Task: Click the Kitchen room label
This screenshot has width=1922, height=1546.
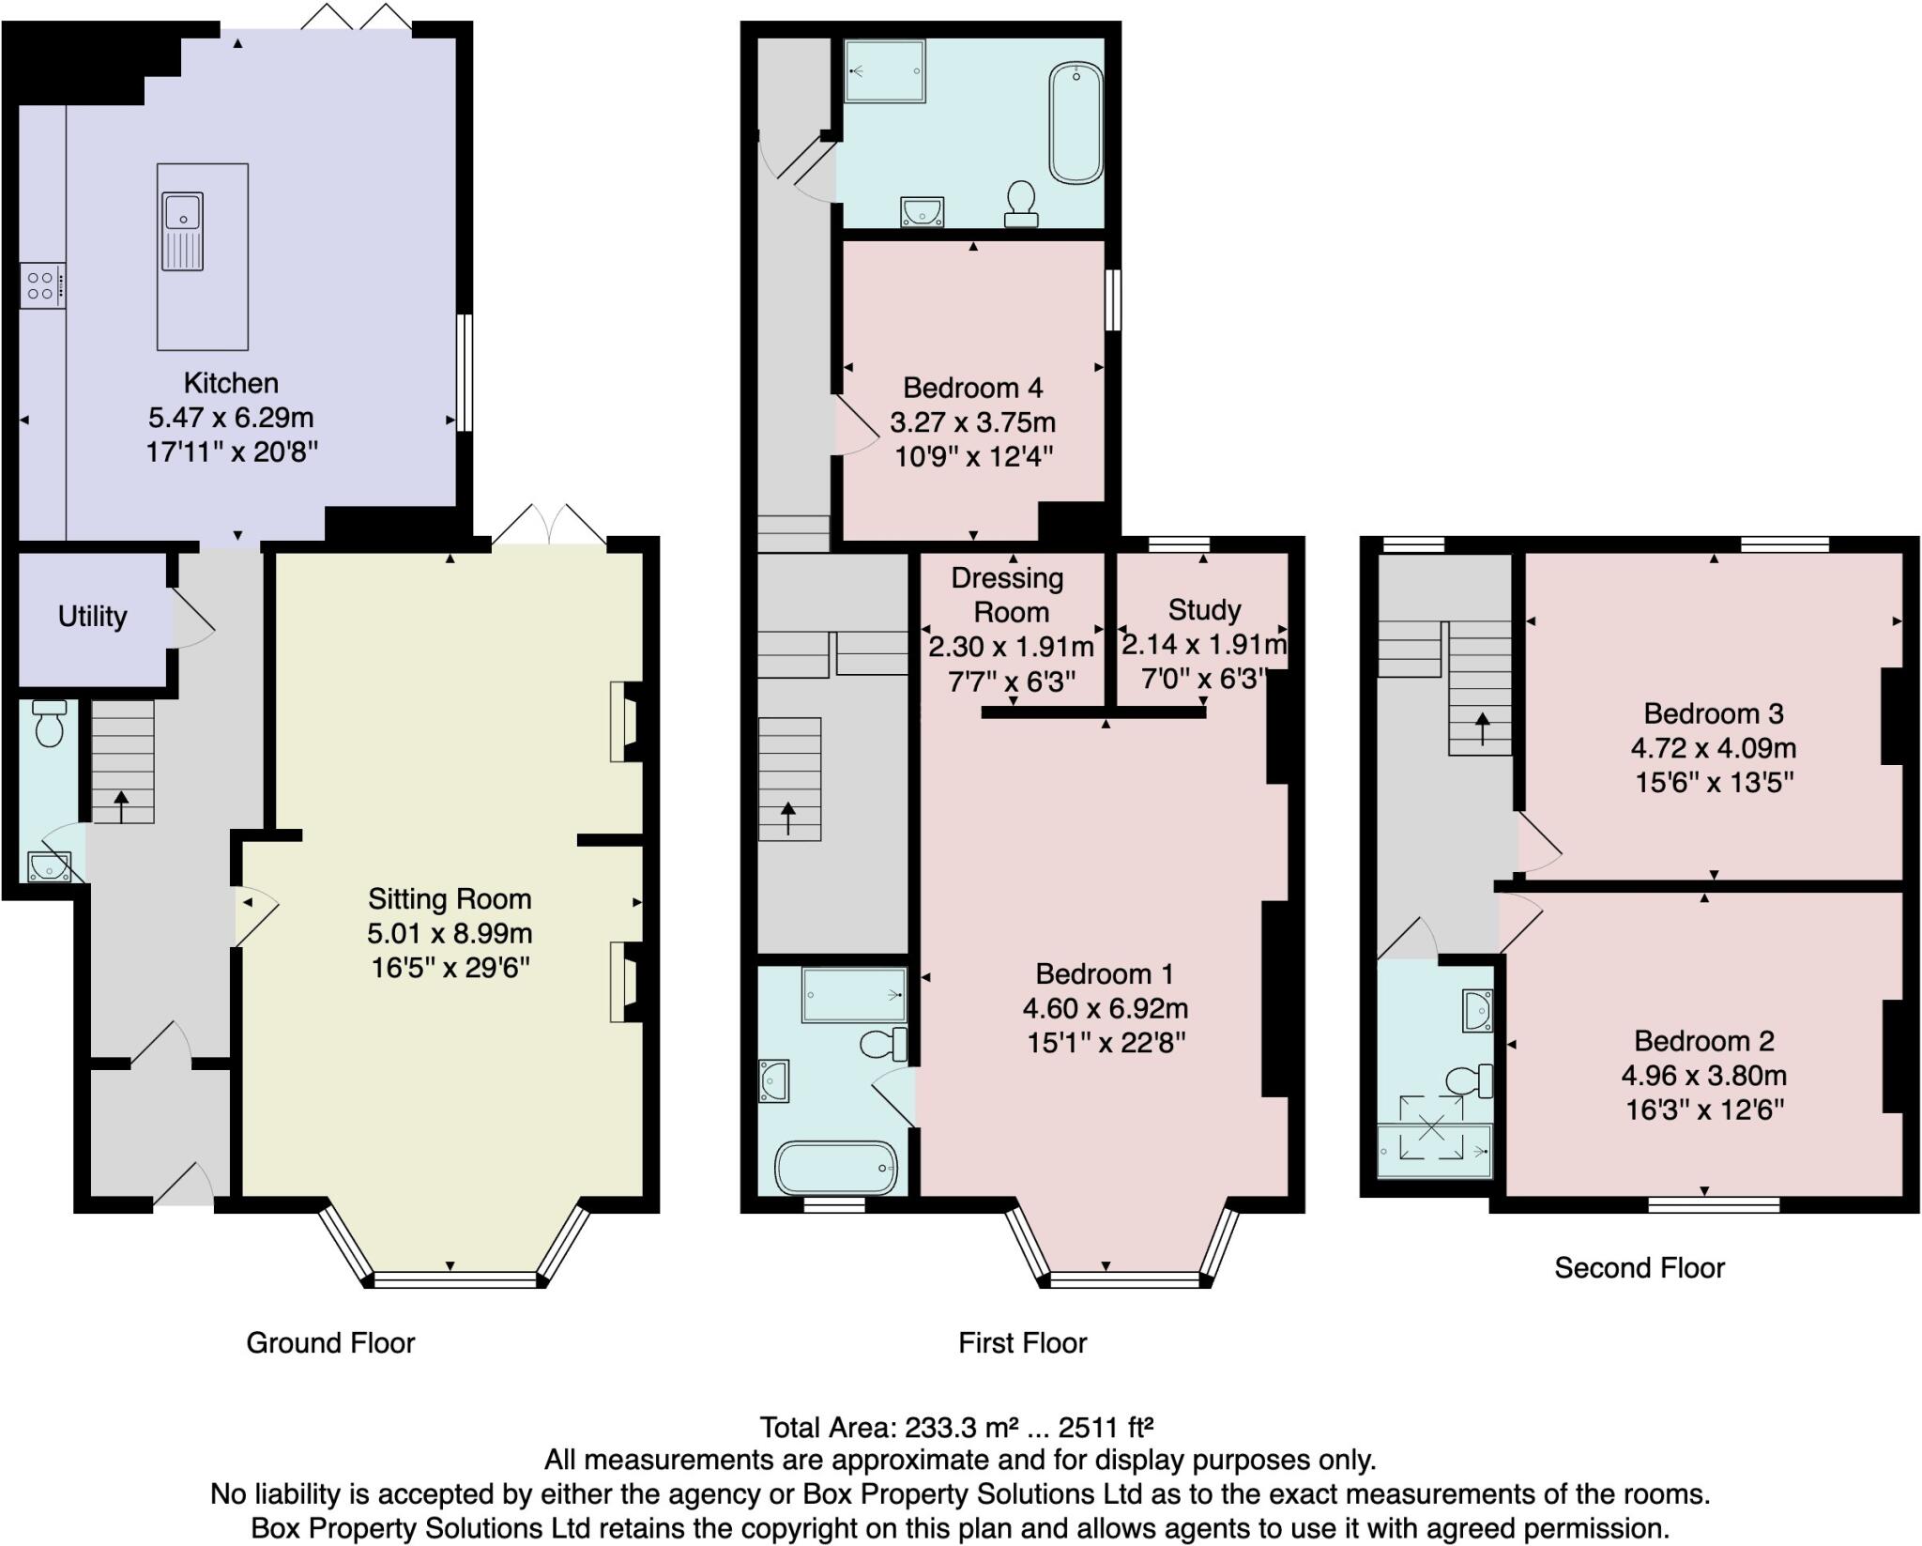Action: tap(231, 383)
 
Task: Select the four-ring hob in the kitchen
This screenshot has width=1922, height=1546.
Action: tap(42, 285)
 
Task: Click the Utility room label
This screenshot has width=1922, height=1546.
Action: tap(92, 617)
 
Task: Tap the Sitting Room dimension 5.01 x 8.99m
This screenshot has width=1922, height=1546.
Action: tap(450, 934)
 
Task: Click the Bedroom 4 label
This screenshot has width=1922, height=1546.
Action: tap(972, 388)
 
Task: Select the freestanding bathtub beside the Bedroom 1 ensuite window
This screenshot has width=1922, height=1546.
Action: tap(835, 1167)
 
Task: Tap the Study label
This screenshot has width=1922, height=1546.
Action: tap(1204, 610)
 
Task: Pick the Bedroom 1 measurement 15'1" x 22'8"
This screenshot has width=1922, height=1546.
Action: tap(1106, 1043)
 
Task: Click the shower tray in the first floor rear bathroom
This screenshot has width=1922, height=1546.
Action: tap(884, 70)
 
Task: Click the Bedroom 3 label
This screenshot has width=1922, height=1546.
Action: tap(1713, 713)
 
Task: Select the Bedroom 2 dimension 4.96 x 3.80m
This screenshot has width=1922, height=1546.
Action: tap(1703, 1076)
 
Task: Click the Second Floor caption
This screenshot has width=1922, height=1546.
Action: tap(1639, 1268)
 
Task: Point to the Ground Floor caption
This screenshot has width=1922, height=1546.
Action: tap(330, 1343)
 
